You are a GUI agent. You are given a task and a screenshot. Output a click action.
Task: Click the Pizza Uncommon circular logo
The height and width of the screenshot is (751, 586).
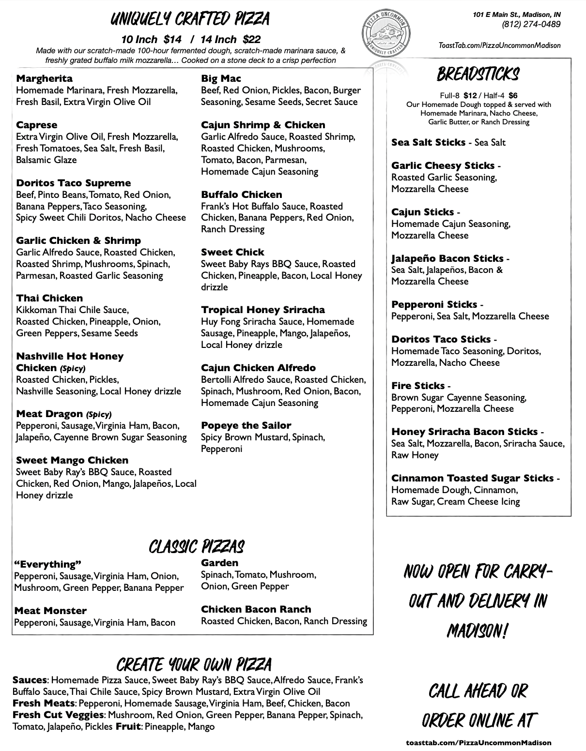click(x=386, y=34)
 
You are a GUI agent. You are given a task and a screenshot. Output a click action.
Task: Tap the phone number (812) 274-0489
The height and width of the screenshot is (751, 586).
click(x=531, y=24)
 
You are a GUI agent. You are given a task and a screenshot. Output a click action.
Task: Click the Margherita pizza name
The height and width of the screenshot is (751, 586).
click(x=44, y=78)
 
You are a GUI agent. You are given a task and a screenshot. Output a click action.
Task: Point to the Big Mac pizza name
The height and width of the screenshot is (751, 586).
click(x=221, y=78)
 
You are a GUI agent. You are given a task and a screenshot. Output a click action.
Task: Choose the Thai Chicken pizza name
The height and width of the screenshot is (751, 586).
click(x=49, y=298)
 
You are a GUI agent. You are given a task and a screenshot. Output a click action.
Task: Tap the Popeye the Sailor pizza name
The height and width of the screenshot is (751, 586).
click(x=246, y=425)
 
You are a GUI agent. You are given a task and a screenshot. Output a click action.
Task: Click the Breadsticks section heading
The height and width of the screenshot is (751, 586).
click(x=478, y=75)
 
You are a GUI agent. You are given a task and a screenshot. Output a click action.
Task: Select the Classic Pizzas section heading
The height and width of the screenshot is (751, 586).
click(x=196, y=547)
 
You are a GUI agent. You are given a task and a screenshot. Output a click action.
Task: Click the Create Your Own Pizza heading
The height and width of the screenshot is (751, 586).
click(x=194, y=664)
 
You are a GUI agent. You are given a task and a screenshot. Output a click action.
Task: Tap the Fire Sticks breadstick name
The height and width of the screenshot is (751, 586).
click(x=418, y=386)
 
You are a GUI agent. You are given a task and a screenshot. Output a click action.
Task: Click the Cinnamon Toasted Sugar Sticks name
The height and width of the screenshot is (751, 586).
click(x=472, y=478)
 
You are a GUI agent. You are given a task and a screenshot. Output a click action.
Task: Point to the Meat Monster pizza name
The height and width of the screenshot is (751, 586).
click(x=50, y=611)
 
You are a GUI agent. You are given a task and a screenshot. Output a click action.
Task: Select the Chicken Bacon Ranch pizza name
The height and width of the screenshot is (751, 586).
click(x=256, y=609)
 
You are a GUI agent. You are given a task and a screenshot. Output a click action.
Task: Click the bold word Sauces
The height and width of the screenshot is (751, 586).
click(x=30, y=680)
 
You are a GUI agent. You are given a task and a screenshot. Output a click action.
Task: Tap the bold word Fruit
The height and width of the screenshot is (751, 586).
click(x=128, y=726)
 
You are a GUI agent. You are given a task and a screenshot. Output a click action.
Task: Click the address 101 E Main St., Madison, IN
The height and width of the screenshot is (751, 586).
click(x=517, y=15)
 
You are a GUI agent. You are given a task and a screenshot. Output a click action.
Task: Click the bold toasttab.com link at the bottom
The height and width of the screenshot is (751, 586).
click(x=478, y=742)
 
